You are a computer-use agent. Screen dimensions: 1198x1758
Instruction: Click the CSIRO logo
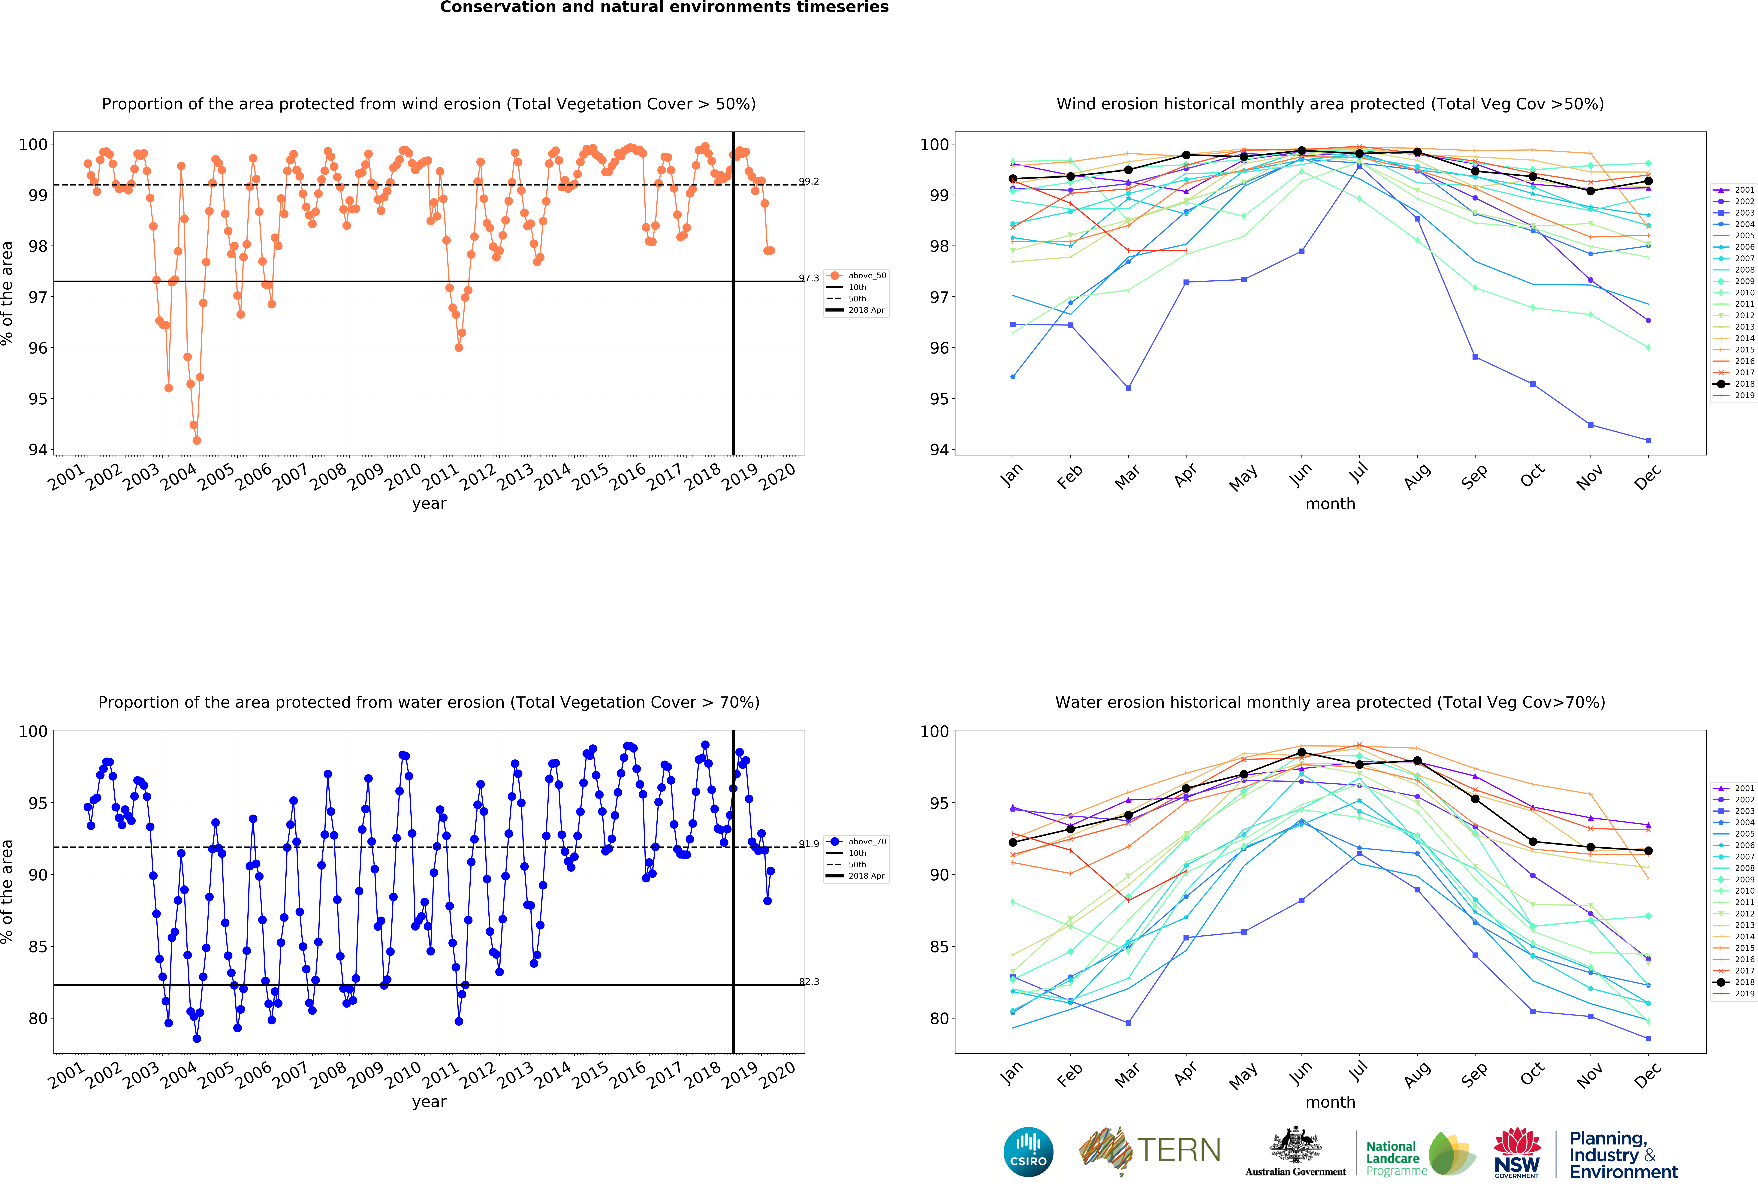tap(1028, 1152)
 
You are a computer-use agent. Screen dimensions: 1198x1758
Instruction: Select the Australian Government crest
tap(1296, 1146)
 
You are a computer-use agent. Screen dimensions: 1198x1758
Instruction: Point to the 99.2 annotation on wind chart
tap(809, 182)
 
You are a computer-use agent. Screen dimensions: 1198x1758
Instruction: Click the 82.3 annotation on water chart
tap(809, 982)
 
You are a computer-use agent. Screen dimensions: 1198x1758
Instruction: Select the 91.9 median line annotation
tap(809, 844)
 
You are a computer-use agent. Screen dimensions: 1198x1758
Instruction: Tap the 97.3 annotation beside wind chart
tap(809, 278)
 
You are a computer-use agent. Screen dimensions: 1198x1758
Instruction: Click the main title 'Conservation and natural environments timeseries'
tap(664, 8)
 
